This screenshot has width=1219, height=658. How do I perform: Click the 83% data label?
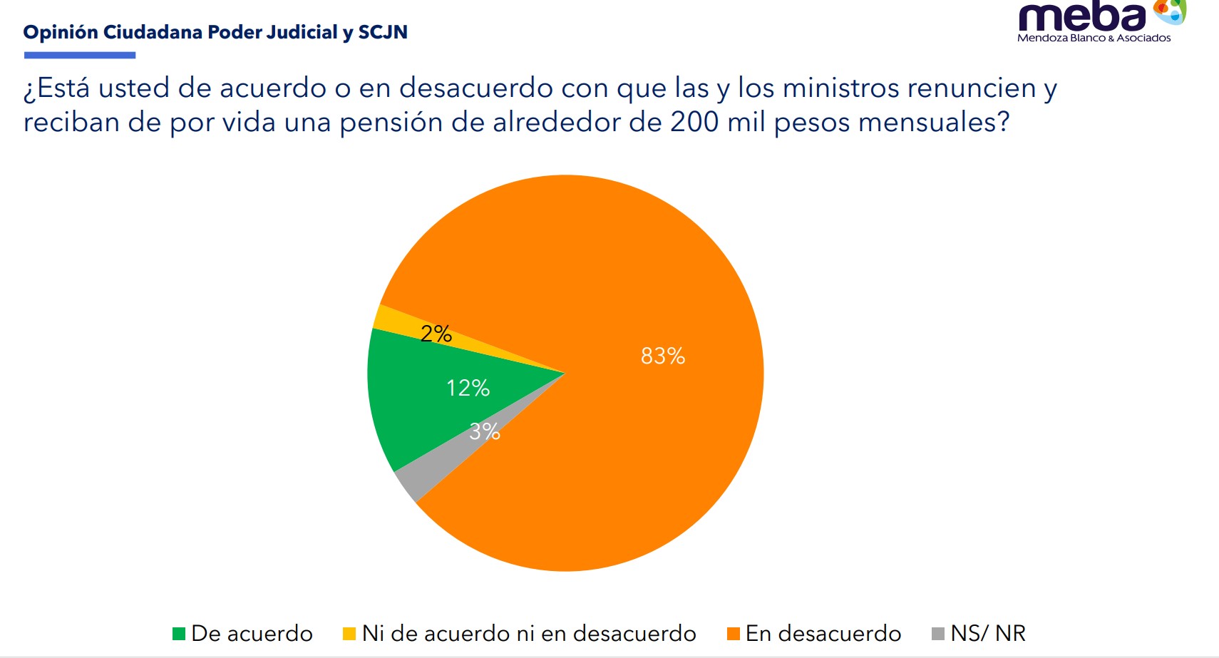coord(663,356)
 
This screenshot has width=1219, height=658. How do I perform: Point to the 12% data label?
coord(468,388)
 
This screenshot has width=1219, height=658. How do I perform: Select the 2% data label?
coord(436,334)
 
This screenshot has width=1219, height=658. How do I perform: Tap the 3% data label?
coord(485,431)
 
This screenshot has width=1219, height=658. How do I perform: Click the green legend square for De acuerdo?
coord(179,633)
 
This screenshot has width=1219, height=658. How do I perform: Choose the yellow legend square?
coord(349,633)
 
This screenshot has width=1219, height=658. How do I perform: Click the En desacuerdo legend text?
coord(823,633)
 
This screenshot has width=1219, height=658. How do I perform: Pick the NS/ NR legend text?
coord(988,633)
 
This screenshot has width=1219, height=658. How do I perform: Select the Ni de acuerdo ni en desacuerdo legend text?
coord(529,633)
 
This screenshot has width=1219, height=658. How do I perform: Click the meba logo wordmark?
coord(1082,17)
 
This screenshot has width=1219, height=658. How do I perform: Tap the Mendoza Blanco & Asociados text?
coord(1094,38)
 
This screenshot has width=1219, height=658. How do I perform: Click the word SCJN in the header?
coord(383,32)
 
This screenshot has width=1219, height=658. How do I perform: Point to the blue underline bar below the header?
coord(80,55)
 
